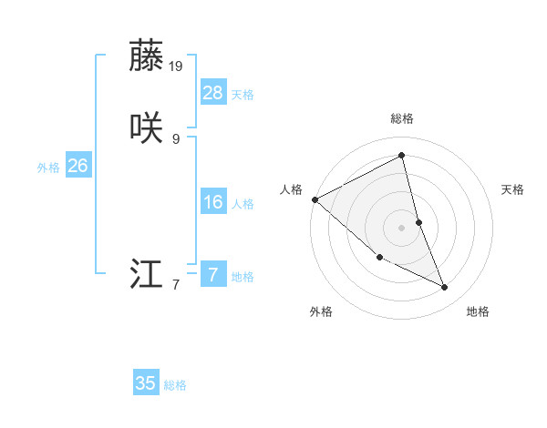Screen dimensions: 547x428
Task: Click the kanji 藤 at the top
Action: (x=146, y=56)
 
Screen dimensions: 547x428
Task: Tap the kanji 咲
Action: (x=146, y=127)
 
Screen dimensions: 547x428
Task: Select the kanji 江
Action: (x=146, y=274)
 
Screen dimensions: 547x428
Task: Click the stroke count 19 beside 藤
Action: (x=177, y=66)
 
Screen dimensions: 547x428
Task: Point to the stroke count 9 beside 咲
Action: (x=176, y=138)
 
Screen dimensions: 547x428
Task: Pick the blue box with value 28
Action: (x=213, y=92)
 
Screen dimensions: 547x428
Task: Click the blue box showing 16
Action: (x=213, y=201)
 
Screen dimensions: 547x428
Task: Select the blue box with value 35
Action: (x=146, y=383)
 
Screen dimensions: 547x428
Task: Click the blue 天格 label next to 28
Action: (x=243, y=95)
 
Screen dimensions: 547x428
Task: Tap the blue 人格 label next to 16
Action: (x=243, y=204)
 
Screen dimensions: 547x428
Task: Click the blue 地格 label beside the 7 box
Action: (x=243, y=277)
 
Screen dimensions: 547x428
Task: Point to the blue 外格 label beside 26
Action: (x=48, y=168)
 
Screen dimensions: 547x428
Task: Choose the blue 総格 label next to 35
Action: (x=175, y=386)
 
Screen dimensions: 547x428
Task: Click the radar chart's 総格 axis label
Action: (x=402, y=118)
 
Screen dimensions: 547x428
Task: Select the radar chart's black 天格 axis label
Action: (x=512, y=189)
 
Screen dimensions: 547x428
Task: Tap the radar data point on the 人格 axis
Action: (x=315, y=199)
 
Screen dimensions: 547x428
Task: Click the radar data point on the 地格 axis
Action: (x=445, y=288)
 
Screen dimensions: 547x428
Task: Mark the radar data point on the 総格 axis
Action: (x=402, y=155)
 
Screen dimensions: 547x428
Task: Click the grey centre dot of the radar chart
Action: (x=402, y=227)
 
